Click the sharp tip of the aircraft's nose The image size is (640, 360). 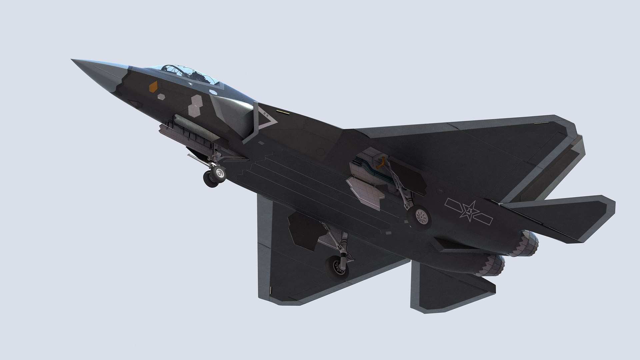[73, 60]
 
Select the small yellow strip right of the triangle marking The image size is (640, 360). [282, 112]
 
